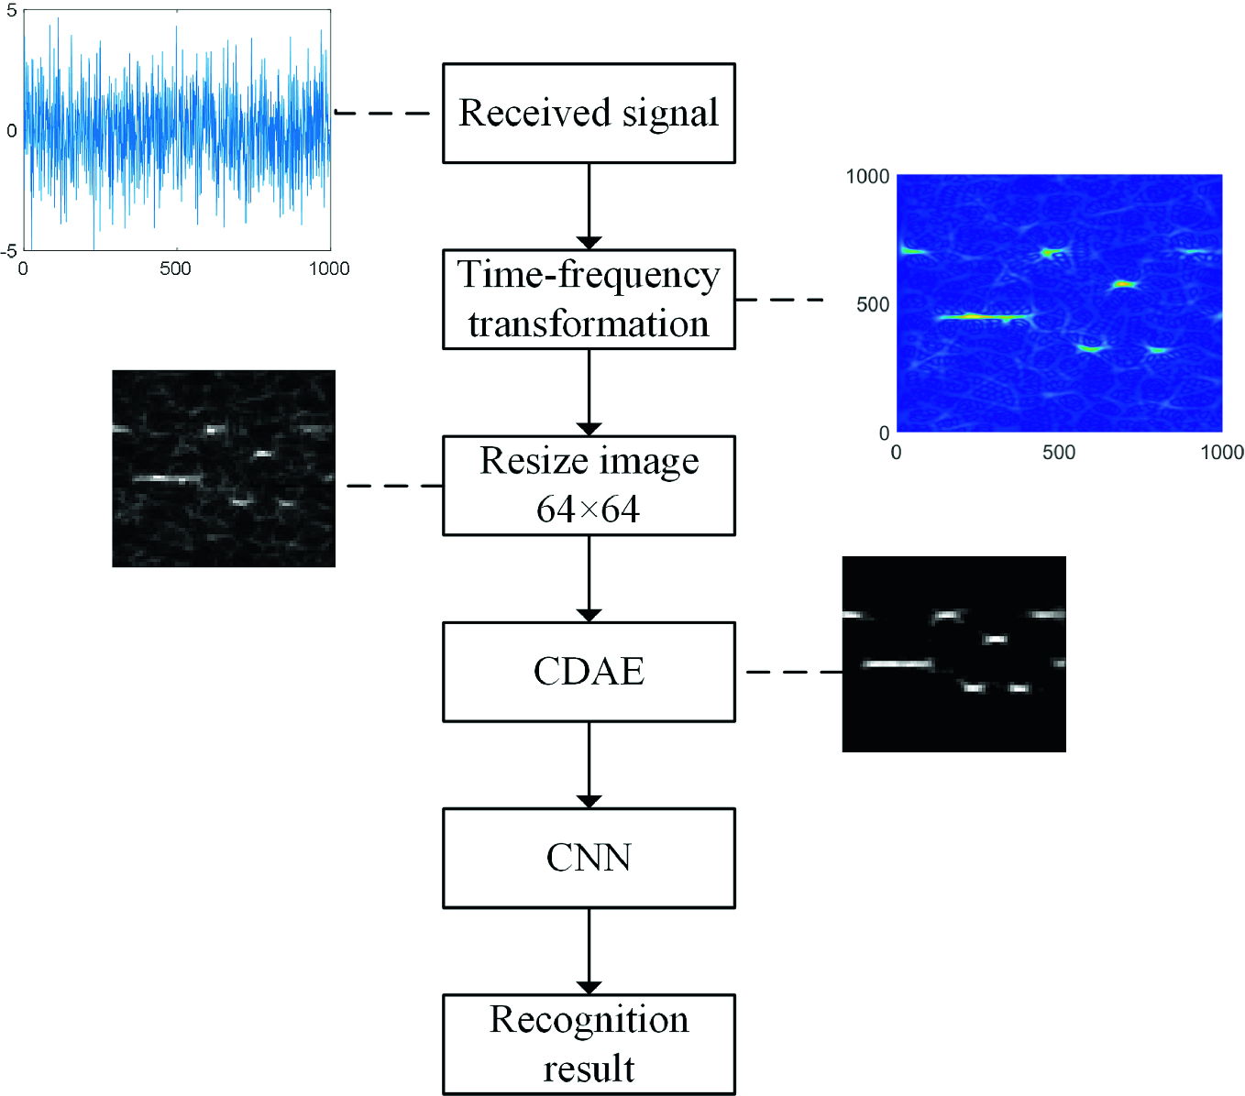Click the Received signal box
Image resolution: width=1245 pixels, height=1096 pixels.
coord(589,114)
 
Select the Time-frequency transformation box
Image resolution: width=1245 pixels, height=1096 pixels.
coord(589,299)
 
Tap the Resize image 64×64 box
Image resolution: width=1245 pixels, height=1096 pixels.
coord(589,486)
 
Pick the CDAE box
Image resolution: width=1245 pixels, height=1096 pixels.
coord(589,672)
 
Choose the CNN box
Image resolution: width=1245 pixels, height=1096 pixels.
coord(589,858)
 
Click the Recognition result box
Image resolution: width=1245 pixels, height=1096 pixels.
coord(589,1044)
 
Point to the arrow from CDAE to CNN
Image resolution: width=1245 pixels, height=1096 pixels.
coord(589,764)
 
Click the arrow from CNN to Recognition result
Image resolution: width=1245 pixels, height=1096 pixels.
coord(589,950)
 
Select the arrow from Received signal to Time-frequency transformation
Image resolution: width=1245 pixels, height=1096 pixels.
coord(589,205)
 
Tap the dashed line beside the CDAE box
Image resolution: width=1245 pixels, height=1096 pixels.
coord(794,672)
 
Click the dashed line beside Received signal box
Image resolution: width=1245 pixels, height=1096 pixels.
coord(383,114)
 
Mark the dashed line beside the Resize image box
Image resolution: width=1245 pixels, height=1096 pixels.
coord(394,486)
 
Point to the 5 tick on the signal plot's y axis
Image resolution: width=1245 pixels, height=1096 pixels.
coord(12,12)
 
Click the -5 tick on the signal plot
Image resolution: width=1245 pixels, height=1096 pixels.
coord(9,250)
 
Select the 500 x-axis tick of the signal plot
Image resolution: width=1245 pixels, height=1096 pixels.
coord(175,269)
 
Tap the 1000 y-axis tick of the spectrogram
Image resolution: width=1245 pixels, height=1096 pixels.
coord(867,176)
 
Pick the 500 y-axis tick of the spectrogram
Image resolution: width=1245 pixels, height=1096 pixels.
coord(873,304)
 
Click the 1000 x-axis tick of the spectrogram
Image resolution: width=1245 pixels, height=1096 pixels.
coord(1221,452)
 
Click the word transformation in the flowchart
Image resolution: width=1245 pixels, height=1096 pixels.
coord(589,324)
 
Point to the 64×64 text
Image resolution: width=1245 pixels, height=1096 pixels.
coord(589,510)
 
